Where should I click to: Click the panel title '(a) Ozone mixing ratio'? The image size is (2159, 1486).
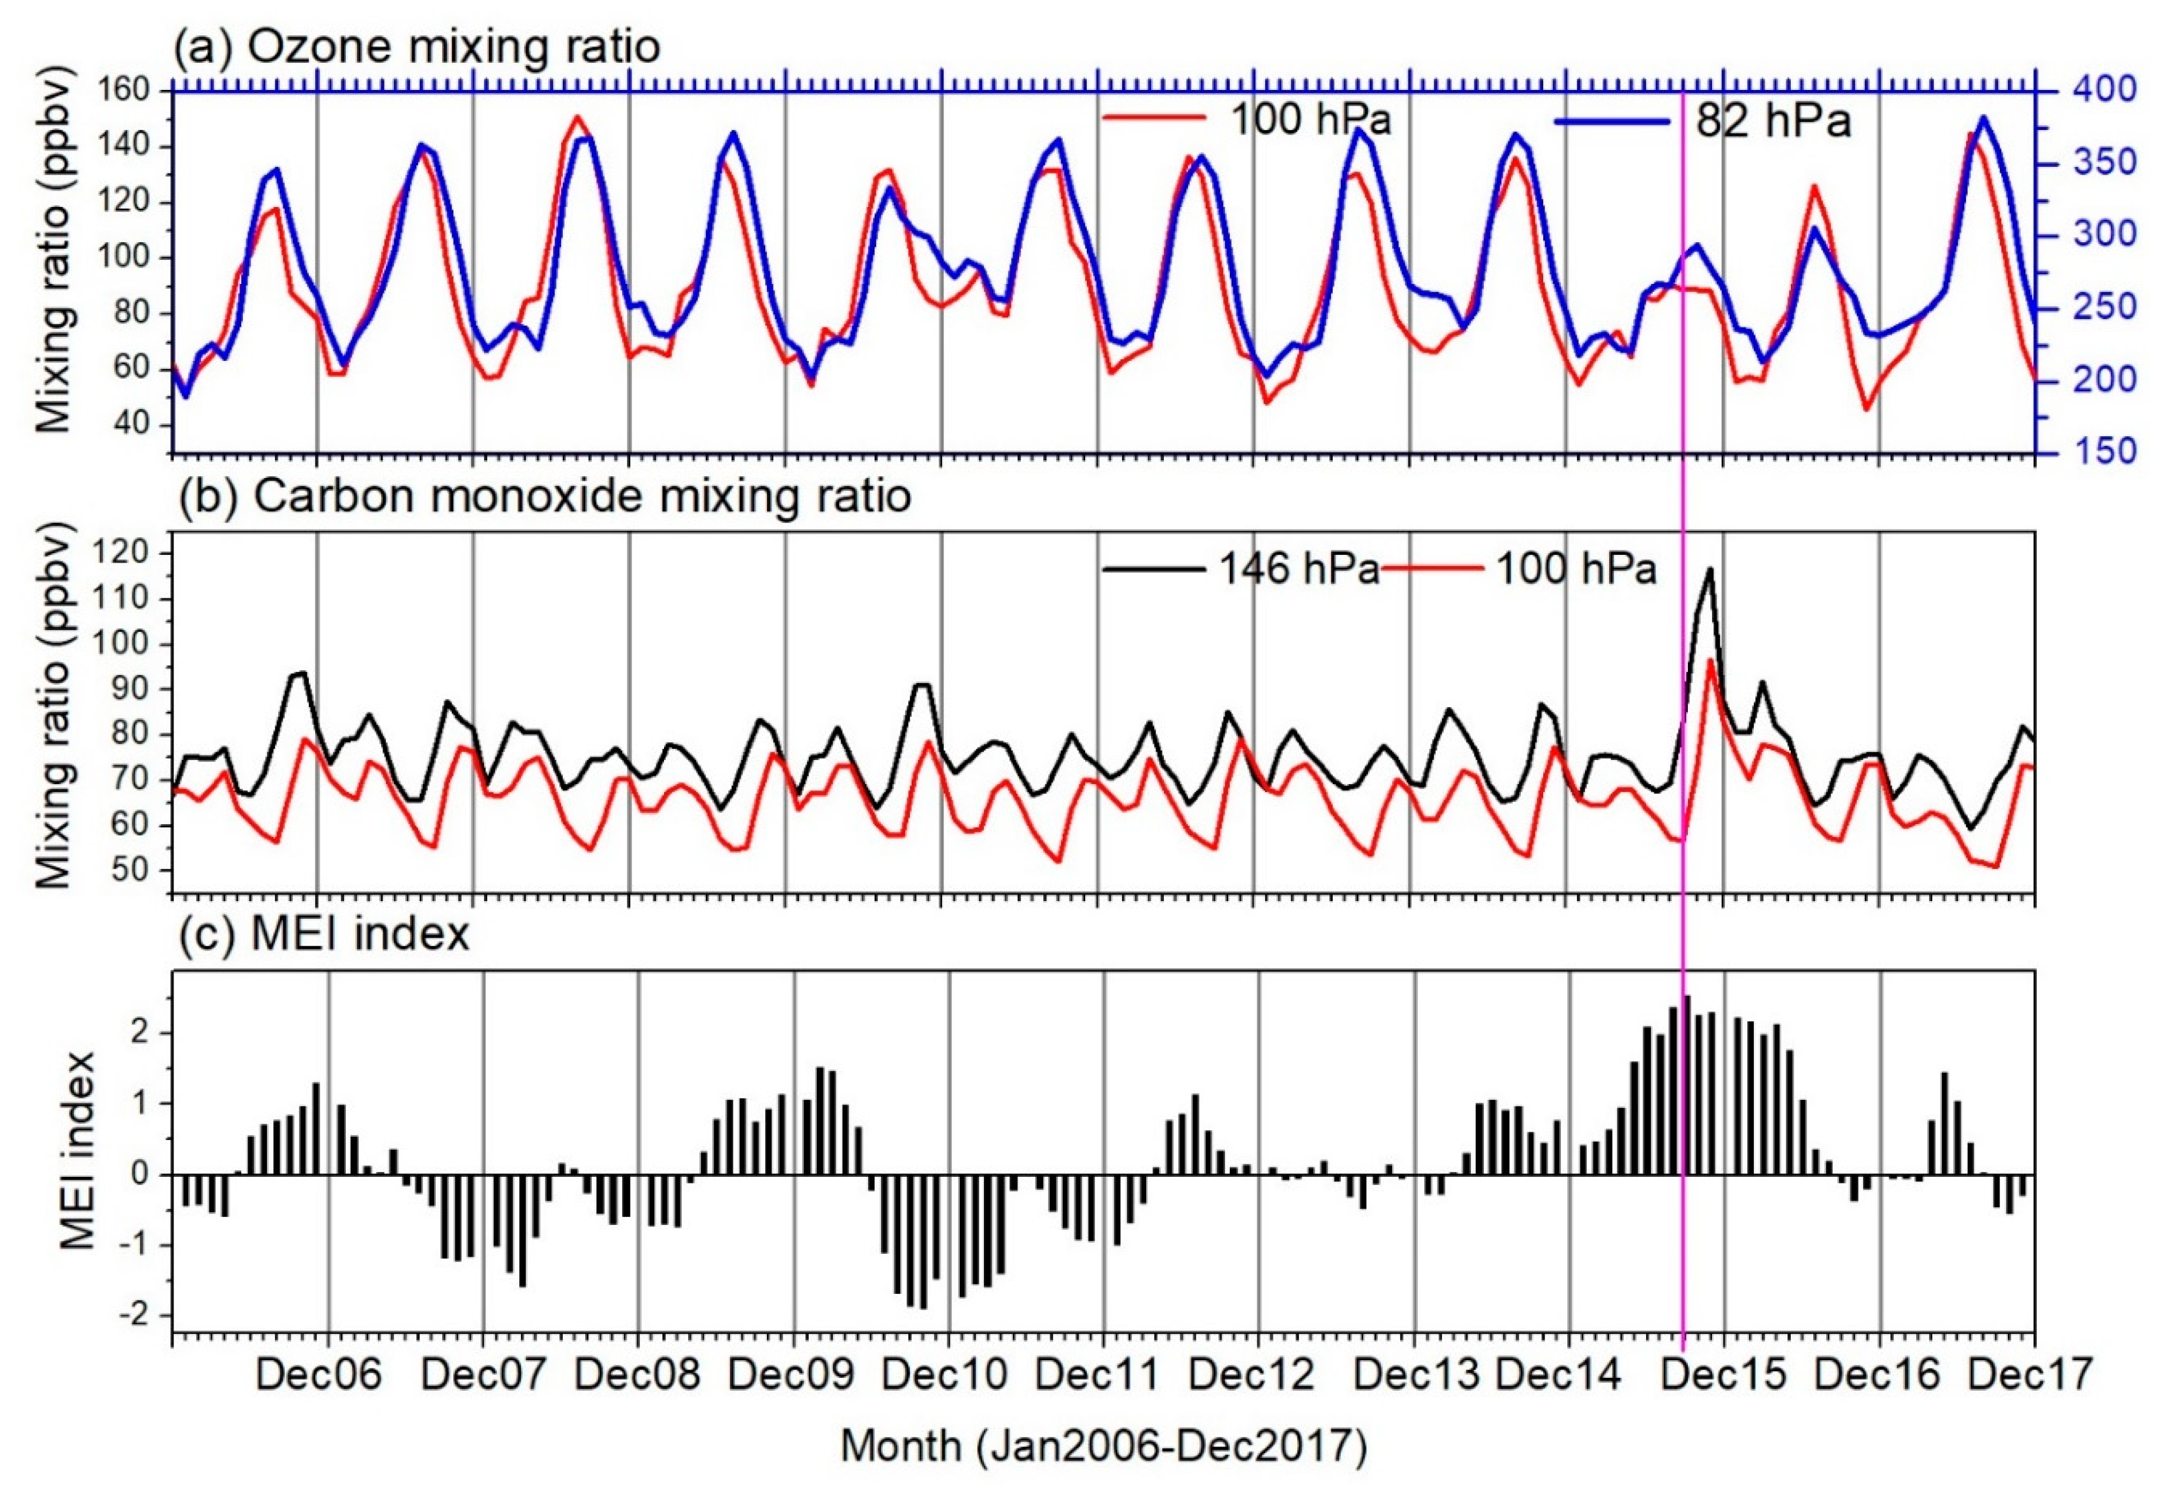pyautogui.click(x=416, y=46)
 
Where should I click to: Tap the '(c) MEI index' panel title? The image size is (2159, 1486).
pyautogui.click(x=323, y=934)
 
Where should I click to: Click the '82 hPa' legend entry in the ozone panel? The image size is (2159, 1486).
pyautogui.click(x=1771, y=122)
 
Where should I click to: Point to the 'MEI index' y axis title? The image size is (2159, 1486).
pyautogui.click(x=80, y=1150)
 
